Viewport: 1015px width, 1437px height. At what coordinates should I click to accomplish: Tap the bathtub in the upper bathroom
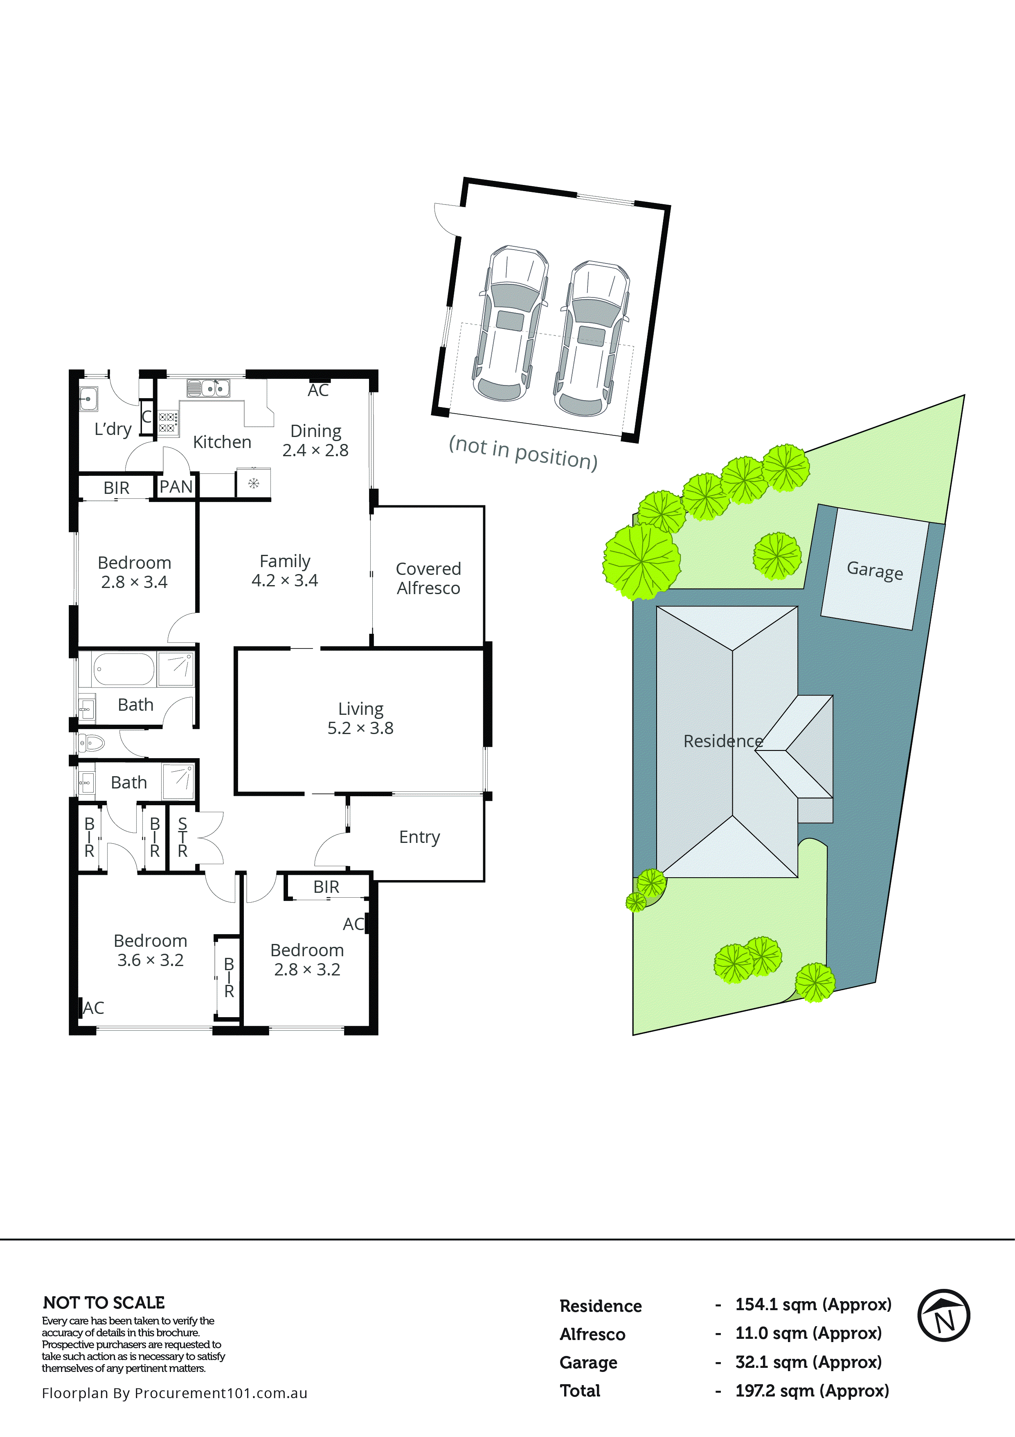123,669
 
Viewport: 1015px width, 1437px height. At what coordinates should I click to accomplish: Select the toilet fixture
91,743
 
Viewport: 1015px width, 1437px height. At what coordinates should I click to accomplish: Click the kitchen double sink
208,389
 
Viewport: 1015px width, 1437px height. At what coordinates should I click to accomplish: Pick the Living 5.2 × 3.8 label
360,718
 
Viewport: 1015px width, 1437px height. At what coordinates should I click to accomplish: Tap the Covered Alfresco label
428,578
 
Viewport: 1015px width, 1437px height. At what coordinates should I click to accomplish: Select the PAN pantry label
176,487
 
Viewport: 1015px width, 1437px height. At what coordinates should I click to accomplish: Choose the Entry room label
419,837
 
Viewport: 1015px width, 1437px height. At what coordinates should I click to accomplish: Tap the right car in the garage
591,339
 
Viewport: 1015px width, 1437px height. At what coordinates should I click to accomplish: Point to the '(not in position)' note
523,453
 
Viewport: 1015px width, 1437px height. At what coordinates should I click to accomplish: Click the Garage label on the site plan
874,570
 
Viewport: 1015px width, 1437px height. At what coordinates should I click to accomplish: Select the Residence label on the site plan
723,741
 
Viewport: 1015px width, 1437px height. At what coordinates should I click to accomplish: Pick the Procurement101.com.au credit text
175,1393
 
